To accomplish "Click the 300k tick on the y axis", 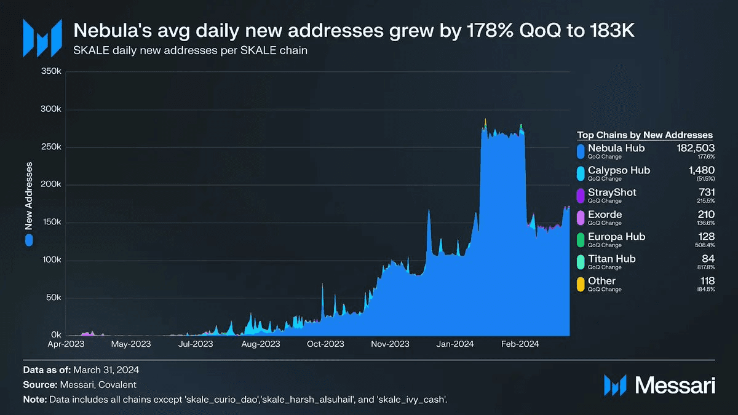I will [52, 109].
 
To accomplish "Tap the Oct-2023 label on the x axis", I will [325, 344].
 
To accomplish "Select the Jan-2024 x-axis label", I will [456, 344].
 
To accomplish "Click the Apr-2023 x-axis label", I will [66, 344].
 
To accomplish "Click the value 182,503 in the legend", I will [693, 148].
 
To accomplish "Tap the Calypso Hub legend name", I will [619, 170].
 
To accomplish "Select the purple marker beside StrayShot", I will [581, 195].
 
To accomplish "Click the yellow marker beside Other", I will [581, 283].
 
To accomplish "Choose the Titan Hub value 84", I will [708, 259].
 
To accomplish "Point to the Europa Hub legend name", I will [616, 237].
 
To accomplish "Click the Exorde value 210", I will [706, 215].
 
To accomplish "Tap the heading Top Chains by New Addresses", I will [645, 135].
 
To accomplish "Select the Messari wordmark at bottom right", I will [675, 386].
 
